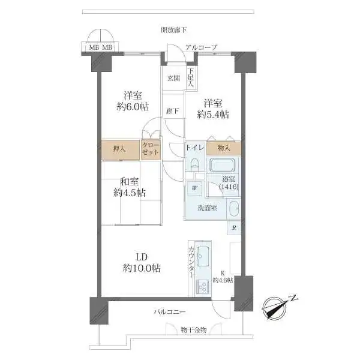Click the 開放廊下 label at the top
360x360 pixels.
point(174,30)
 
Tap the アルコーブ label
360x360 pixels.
point(200,47)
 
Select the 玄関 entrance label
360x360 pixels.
point(174,78)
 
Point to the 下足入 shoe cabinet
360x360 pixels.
point(190,78)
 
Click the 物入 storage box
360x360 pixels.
point(224,148)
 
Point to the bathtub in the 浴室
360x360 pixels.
point(222,166)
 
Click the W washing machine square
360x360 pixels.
point(194,188)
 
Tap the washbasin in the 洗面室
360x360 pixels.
point(233,211)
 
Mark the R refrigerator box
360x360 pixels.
point(234,227)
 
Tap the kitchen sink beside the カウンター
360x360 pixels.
point(202,259)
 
